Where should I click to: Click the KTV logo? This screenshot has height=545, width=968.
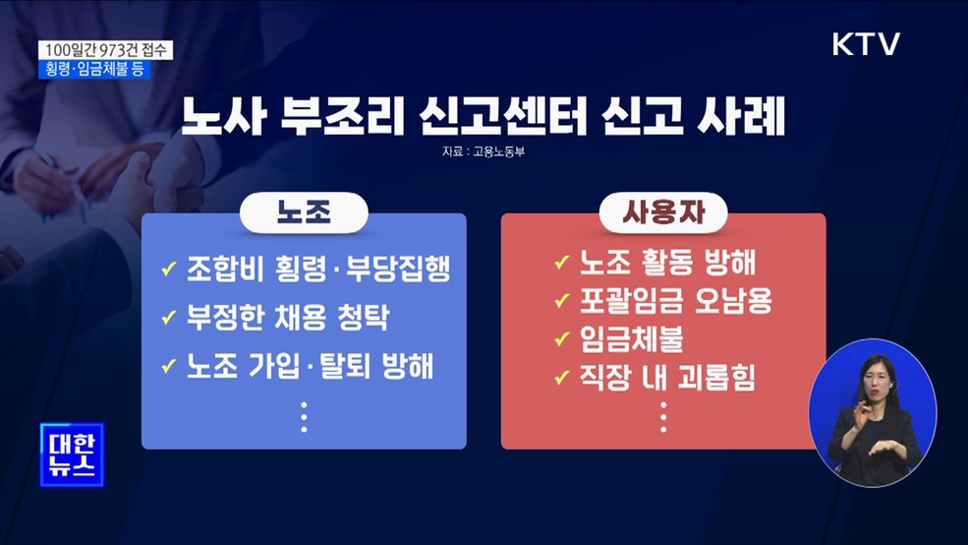866,44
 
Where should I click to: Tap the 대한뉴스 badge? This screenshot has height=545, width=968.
71,454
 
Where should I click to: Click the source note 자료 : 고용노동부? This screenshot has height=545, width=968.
484,153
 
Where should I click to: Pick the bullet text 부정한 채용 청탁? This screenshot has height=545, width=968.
287,318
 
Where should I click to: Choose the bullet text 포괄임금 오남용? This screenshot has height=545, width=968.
675,300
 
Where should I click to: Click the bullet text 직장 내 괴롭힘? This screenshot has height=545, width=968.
668,377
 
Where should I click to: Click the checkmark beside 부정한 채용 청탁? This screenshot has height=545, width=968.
168,319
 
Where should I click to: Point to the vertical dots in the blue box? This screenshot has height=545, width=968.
304,417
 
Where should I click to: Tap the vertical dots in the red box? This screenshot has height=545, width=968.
663,417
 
